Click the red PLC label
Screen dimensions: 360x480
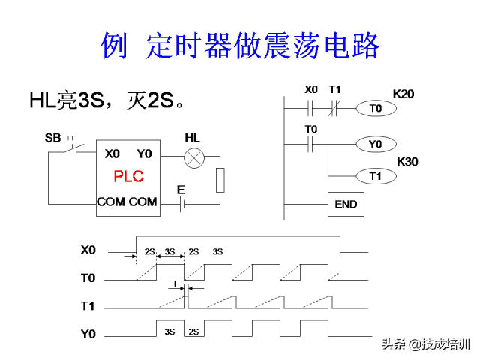[x=128, y=177]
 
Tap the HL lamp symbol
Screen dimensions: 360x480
[x=195, y=157]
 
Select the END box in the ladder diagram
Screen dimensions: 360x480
[x=346, y=204]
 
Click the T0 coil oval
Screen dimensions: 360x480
[x=376, y=109]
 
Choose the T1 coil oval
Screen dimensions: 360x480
[x=376, y=176]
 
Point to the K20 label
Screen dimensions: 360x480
[x=403, y=94]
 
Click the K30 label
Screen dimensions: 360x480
[x=407, y=161]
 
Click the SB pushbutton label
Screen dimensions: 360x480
[x=53, y=138]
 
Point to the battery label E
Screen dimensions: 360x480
[x=181, y=190]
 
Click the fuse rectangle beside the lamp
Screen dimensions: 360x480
[x=220, y=181]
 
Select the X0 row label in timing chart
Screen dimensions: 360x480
[x=88, y=249]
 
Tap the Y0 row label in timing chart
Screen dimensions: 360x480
[x=88, y=333]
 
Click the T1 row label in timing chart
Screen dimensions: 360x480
[x=88, y=306]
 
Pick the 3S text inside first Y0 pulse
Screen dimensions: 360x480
[x=169, y=331]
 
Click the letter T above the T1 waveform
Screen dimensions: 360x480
[x=175, y=284]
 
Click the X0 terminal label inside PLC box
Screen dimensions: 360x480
[x=112, y=154]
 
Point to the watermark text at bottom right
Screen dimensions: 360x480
[x=426, y=344]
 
